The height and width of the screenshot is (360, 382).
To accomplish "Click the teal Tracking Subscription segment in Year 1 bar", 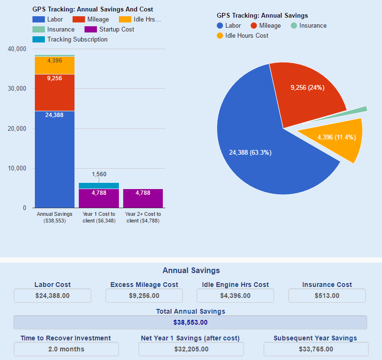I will click(99, 186).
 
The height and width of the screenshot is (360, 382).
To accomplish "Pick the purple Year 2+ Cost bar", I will click(143, 198).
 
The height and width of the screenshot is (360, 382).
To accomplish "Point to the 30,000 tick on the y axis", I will click(17, 89).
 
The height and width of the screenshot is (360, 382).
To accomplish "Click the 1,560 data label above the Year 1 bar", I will click(99, 174).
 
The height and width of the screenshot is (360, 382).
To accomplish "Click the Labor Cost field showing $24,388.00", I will click(53, 296).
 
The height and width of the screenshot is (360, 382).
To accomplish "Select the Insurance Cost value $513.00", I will click(327, 296).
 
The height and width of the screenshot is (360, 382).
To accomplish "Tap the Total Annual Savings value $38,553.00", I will click(190, 322).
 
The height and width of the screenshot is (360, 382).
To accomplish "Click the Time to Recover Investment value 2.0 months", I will click(66, 349).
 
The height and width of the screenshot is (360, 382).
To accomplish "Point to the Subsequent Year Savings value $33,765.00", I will click(315, 349).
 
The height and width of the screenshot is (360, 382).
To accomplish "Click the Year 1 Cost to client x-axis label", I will click(99, 217).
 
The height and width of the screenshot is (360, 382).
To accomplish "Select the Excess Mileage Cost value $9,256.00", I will click(144, 296).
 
